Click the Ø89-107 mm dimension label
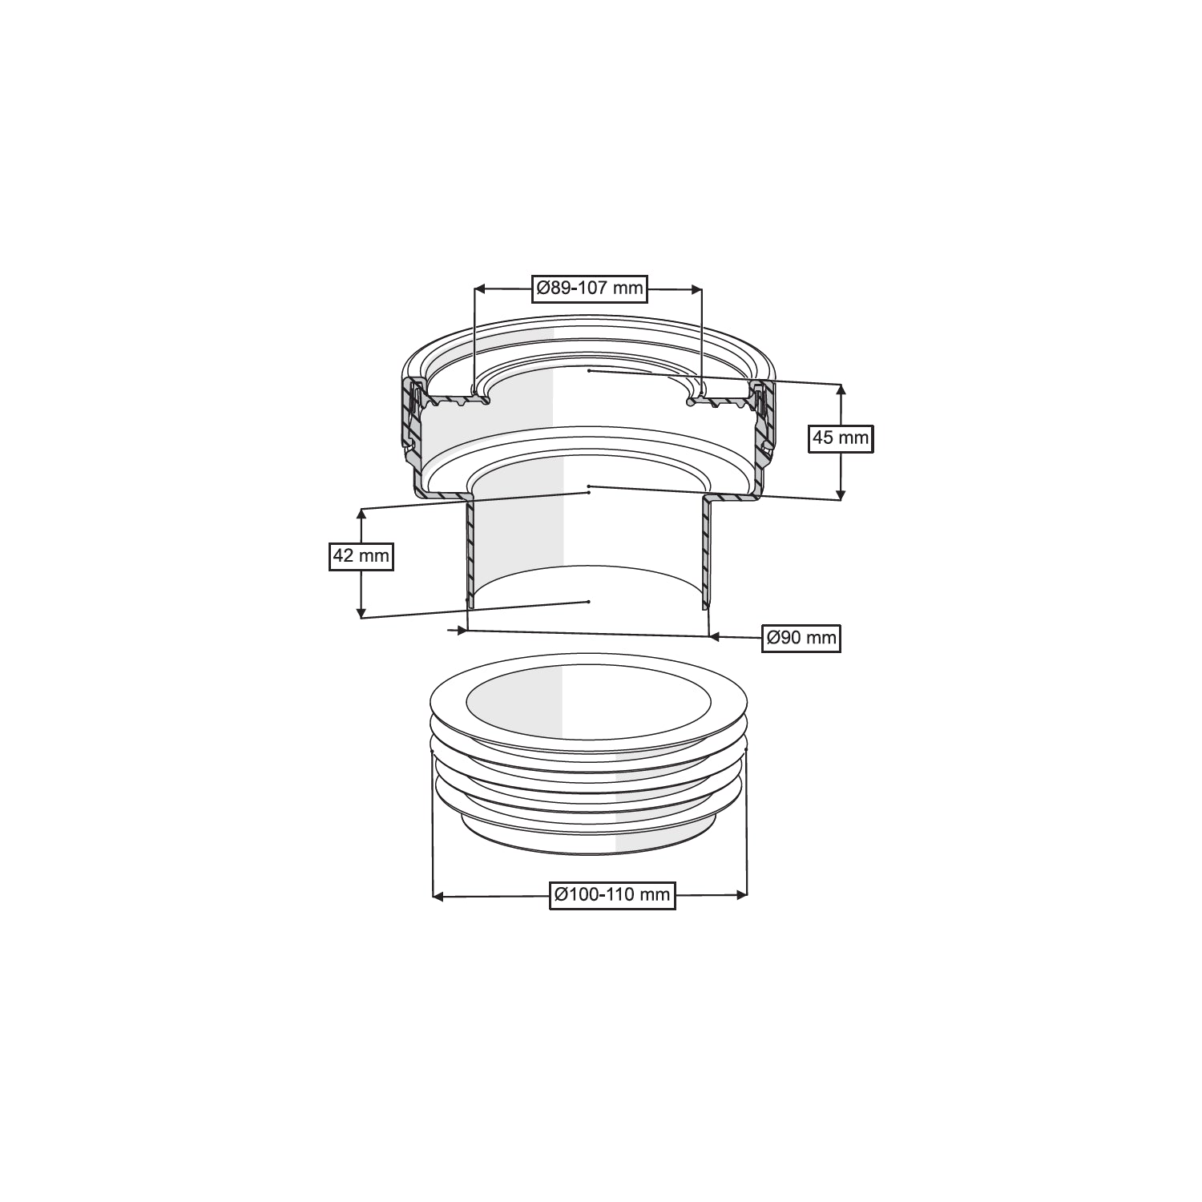coord(589,288)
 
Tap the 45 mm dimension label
coord(840,438)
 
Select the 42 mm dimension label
coord(361,555)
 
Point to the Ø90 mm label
coord(801,638)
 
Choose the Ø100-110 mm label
coord(612,895)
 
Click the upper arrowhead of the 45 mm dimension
coord(840,390)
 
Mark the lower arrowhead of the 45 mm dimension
coord(840,494)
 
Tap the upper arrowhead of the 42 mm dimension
coord(361,514)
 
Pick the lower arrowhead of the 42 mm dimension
coord(361,611)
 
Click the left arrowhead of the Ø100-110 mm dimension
coord(438,896)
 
